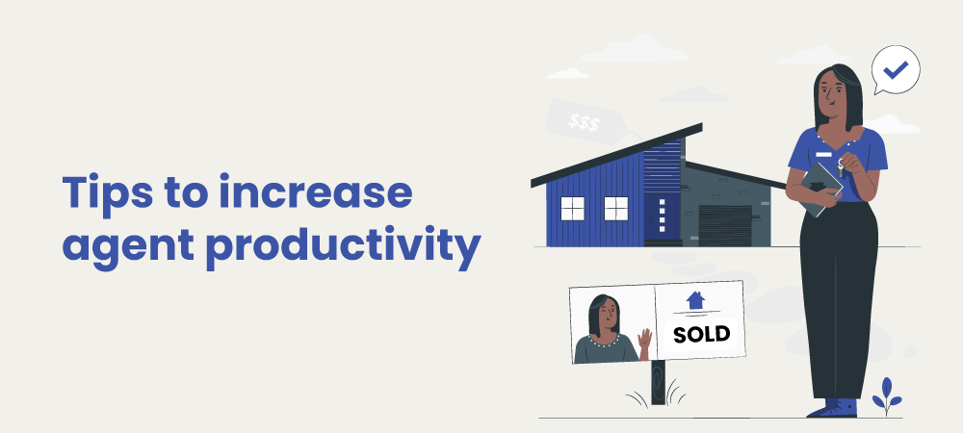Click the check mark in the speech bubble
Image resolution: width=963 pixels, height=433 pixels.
coord(896,70)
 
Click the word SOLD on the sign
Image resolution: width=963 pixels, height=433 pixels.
coord(702,335)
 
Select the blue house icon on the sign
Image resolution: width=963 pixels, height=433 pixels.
coord(695,300)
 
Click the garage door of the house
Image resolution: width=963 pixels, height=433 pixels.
coord(725,225)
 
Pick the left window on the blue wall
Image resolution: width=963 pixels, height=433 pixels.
coord(573,208)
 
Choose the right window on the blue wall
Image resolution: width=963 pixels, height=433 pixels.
coord(615,208)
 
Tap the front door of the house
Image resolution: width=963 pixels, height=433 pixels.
coord(661,217)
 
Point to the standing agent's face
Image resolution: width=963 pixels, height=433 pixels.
coord(831,94)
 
